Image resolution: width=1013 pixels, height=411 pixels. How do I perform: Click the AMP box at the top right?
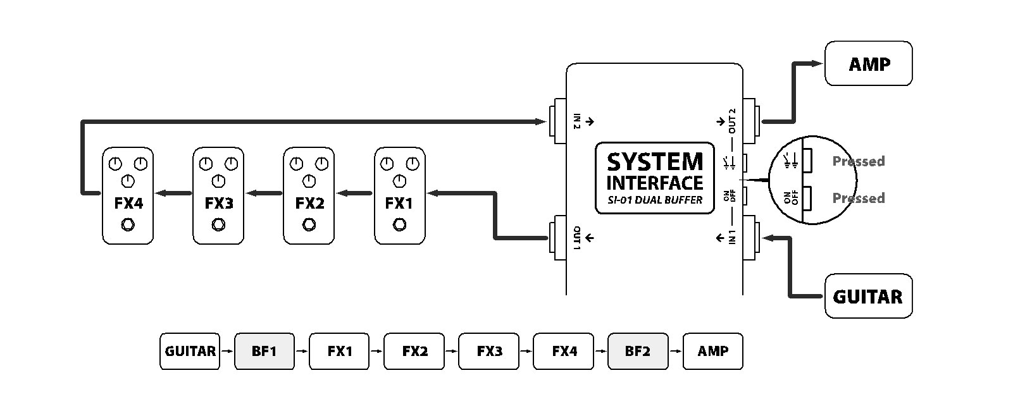[x=868, y=64]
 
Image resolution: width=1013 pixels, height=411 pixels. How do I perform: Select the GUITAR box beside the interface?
[x=868, y=296]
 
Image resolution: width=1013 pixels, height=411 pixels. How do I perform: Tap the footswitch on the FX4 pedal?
[x=128, y=224]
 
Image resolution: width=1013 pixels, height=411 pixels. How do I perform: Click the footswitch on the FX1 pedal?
[x=400, y=224]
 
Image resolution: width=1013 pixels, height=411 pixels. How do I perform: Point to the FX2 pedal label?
[x=309, y=204]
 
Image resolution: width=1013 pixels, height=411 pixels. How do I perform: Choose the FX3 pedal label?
[x=219, y=204]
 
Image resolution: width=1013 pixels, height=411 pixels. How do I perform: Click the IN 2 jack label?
[x=577, y=120]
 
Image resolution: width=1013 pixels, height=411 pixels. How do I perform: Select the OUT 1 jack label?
[x=577, y=238]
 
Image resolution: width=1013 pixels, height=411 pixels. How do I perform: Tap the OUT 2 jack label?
[x=732, y=121]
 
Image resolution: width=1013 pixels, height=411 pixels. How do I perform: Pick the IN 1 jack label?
[x=732, y=238]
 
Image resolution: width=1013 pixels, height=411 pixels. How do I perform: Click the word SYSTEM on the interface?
[x=655, y=163]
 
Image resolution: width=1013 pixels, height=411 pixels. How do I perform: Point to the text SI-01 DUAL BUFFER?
[x=655, y=200]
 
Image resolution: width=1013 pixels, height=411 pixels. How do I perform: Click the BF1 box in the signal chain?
[x=264, y=351]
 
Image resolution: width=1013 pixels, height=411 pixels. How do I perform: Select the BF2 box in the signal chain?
[x=637, y=351]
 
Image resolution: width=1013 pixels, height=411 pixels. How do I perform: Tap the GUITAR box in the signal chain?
[x=190, y=351]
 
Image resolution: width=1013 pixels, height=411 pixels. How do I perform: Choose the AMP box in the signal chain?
[x=712, y=351]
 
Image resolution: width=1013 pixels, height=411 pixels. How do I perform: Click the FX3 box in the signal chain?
[x=489, y=351]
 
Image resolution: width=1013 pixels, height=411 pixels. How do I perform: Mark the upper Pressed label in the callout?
[x=858, y=161]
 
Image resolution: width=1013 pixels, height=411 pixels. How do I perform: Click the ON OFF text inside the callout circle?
[x=791, y=199]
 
